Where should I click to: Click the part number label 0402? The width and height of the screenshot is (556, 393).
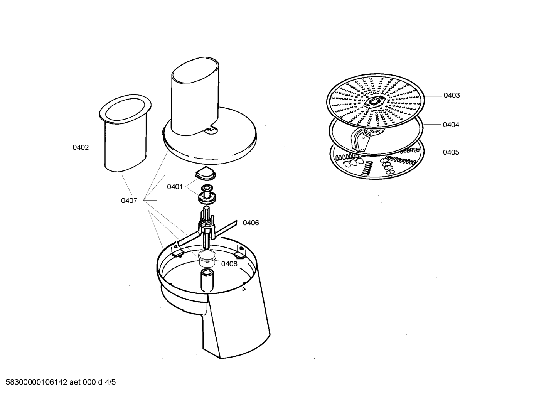[81, 147]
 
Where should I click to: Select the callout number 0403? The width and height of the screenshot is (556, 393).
[452, 95]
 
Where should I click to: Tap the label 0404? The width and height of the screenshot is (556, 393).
[451, 125]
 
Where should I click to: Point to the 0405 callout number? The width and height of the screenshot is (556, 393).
[451, 152]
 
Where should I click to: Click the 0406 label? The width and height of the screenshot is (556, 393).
[251, 223]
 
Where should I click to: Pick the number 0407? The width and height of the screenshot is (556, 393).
[129, 201]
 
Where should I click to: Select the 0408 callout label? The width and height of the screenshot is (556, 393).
[229, 264]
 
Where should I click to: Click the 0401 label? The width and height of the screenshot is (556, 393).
[175, 187]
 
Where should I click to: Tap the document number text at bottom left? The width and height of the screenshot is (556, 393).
[61, 382]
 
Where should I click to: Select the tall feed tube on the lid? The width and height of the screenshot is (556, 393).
[195, 97]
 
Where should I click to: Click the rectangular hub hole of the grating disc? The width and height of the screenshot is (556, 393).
[374, 101]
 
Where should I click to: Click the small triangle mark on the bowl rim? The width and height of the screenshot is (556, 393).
[244, 289]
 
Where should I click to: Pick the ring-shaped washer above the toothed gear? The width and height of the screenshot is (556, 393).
[207, 187]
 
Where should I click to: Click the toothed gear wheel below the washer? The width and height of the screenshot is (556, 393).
[207, 198]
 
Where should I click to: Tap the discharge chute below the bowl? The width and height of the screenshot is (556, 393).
[236, 323]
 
